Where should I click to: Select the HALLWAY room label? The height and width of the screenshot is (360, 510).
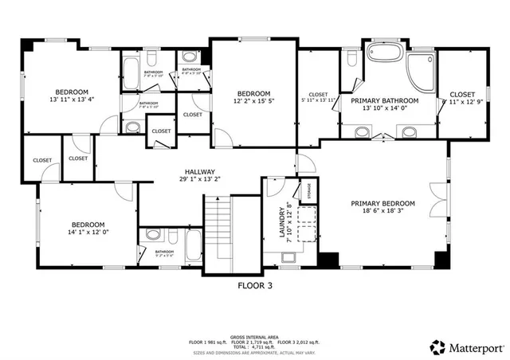tap(201, 171)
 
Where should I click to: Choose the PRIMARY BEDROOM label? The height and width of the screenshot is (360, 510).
tap(383, 203)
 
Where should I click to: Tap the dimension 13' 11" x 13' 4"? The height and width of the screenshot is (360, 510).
tap(71, 100)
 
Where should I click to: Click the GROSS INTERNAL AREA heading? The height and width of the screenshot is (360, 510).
tap(255, 338)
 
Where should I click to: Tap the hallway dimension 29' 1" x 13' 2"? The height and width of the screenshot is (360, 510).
tap(201, 179)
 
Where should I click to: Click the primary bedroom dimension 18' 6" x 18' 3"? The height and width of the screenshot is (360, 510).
tap(383, 211)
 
